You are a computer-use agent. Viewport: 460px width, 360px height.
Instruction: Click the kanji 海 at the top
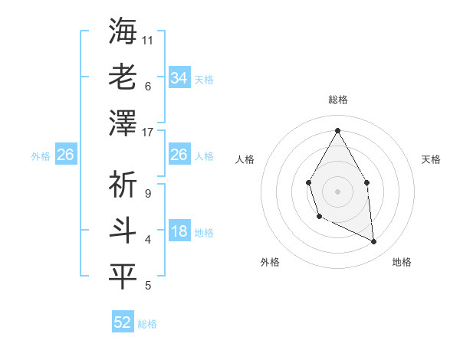point(123,31)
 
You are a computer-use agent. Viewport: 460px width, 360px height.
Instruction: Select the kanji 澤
point(123,123)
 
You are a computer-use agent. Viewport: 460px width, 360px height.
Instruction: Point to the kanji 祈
point(123,185)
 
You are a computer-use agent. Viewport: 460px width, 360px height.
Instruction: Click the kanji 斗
point(123,231)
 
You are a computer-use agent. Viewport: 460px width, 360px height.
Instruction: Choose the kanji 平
point(123,277)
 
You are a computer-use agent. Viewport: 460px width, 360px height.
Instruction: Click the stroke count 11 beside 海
point(149,39)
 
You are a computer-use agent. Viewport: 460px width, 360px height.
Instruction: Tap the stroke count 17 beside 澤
point(149,132)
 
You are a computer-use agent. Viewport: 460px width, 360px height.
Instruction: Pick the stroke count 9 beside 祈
point(147,193)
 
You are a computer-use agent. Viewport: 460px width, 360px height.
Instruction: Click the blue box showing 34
point(179,78)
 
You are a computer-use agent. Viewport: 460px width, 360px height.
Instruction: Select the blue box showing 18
point(179,232)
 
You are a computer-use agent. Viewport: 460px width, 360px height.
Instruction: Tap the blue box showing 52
point(123,322)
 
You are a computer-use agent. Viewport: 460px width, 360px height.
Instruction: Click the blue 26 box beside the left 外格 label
point(65,155)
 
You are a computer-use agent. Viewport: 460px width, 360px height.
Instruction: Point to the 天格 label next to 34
point(204,80)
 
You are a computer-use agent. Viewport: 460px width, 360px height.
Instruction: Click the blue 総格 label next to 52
point(147,324)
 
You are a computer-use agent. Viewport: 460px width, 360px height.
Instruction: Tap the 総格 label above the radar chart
point(337,100)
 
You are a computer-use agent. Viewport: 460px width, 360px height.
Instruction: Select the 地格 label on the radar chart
point(402,262)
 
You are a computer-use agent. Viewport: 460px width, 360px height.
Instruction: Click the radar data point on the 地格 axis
point(374,241)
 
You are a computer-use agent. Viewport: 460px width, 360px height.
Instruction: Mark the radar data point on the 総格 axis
point(337,129)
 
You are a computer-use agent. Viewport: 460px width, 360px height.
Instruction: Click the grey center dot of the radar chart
point(337,190)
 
